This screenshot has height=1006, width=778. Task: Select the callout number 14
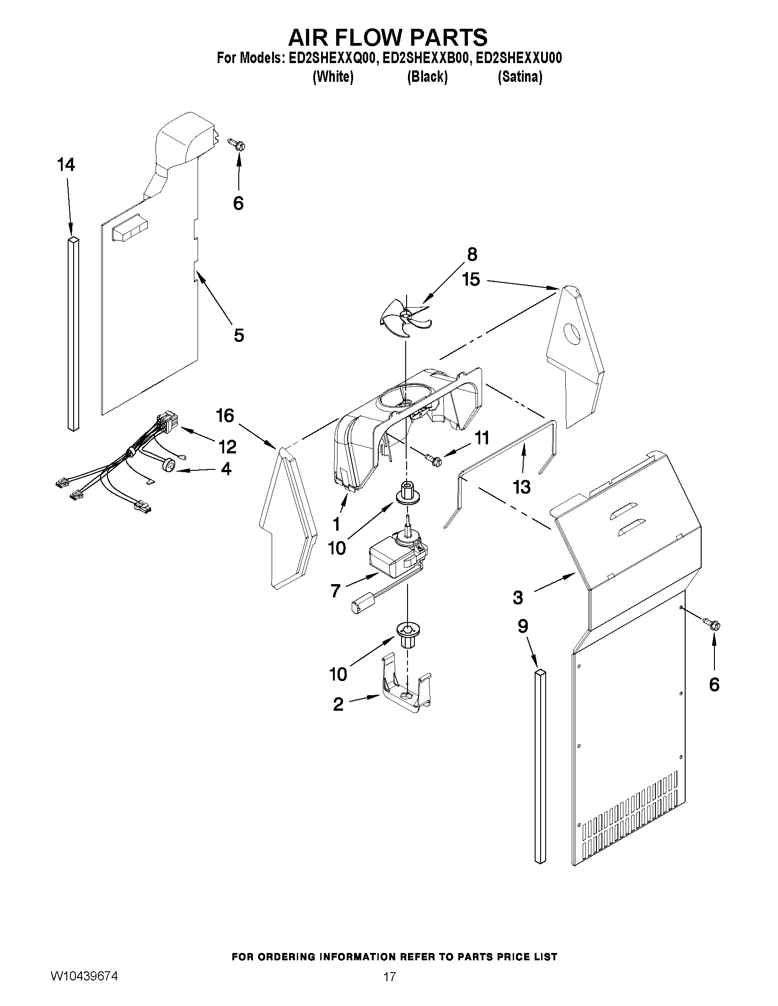[66, 165]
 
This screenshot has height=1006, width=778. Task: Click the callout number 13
[522, 486]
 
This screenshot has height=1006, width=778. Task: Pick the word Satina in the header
[520, 77]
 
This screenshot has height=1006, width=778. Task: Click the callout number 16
[225, 415]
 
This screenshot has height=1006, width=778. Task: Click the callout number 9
[522, 626]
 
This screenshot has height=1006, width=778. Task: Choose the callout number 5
[238, 335]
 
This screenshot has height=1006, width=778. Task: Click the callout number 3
[518, 598]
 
